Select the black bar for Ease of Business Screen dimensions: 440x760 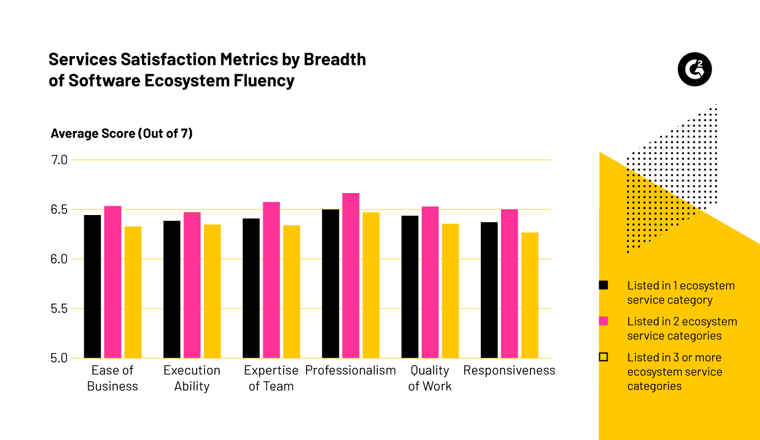(93, 286)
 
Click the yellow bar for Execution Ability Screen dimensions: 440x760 (212, 291)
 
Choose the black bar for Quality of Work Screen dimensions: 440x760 (410, 287)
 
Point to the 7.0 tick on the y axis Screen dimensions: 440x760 (59, 160)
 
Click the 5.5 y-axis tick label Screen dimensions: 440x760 (59, 309)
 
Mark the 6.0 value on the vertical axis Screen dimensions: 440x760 (59, 259)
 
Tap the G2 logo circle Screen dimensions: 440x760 (694, 70)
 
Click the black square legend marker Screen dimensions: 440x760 (603, 285)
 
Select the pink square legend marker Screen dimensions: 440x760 (603, 321)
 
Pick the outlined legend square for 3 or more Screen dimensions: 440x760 (603, 357)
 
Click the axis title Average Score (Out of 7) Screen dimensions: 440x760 (122, 133)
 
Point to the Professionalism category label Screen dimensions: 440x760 (350, 370)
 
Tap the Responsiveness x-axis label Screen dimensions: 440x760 (509, 370)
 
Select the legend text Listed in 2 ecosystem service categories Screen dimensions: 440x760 (682, 328)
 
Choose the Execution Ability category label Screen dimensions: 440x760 (192, 378)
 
